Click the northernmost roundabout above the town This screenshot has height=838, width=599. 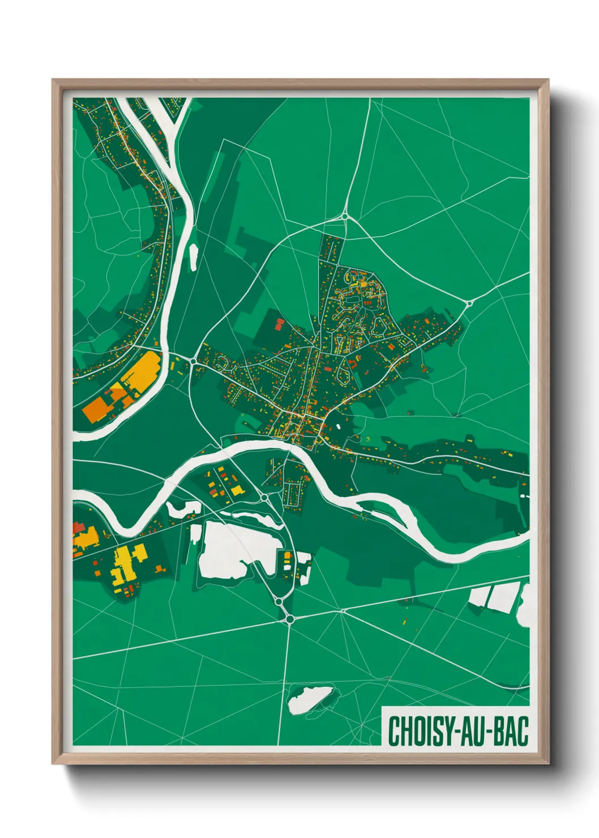click(344, 216)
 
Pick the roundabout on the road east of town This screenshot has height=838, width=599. click(469, 303)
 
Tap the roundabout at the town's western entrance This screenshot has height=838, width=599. click(194, 360)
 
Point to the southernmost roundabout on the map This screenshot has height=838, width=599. click(290, 619)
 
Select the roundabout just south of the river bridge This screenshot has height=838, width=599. click(264, 497)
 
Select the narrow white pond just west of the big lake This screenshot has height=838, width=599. click(195, 534)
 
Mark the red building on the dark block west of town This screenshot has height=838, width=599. click(279, 323)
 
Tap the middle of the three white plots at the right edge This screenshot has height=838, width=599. click(502, 597)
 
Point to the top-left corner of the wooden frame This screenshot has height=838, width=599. click(53, 80)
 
